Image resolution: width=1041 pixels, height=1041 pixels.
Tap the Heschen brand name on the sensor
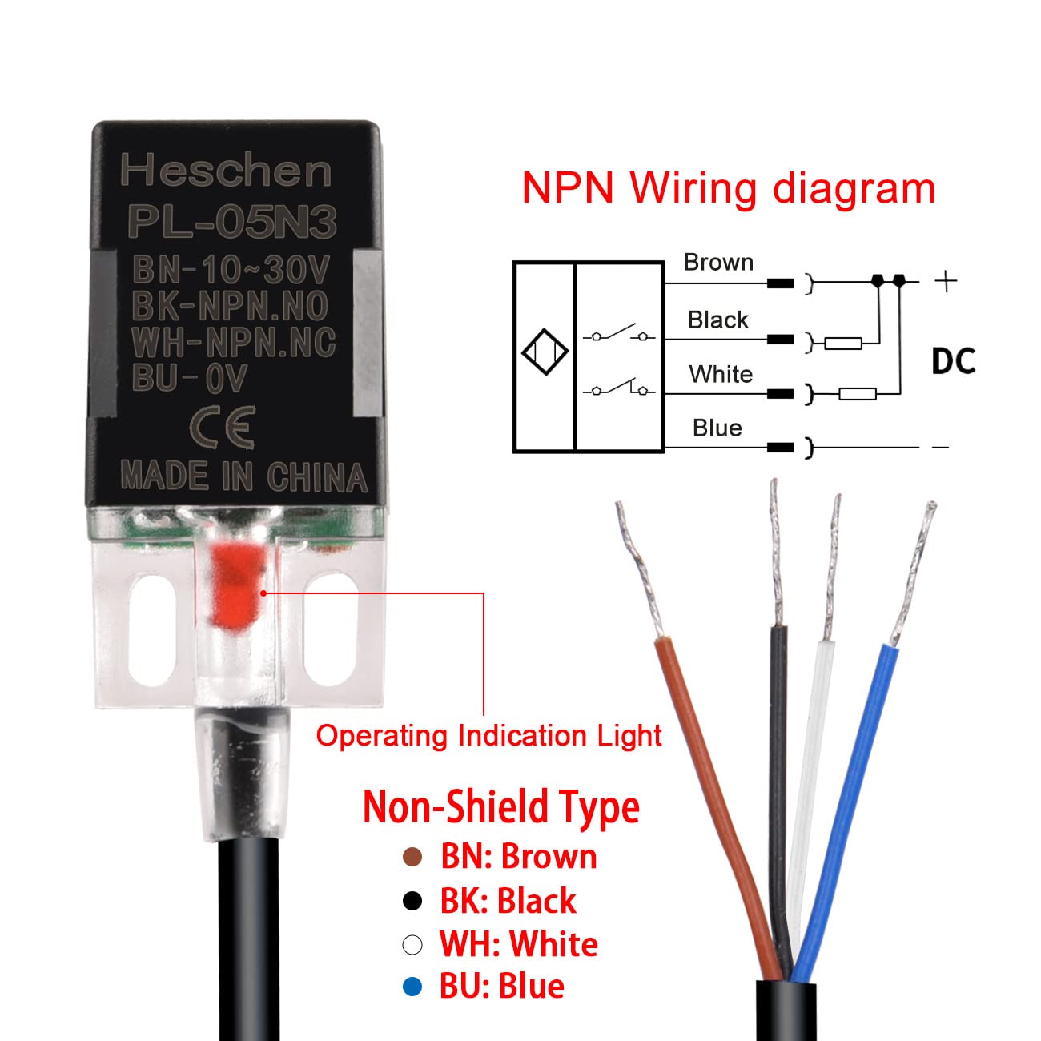(226, 171)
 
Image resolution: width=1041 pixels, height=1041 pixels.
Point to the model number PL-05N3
(232, 222)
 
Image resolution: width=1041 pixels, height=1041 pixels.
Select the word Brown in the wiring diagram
(718, 263)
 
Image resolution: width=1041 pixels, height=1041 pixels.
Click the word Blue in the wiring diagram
(717, 428)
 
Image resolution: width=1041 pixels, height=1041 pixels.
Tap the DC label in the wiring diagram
(953, 362)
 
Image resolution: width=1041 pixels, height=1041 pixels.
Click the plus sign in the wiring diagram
(946, 281)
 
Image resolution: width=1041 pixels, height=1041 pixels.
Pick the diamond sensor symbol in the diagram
(545, 352)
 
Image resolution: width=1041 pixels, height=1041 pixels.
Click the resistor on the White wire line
(858, 393)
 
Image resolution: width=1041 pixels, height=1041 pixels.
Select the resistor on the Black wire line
(843, 344)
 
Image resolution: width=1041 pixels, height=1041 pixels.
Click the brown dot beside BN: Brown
(412, 858)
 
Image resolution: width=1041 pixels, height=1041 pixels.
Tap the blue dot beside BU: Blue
(412, 987)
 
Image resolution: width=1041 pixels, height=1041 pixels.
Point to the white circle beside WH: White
(412, 945)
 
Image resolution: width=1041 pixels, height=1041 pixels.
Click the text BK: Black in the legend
(508, 901)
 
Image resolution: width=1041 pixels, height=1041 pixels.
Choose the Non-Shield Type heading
(501, 807)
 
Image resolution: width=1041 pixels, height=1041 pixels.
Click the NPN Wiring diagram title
(728, 189)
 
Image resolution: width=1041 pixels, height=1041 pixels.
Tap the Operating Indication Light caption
(488, 736)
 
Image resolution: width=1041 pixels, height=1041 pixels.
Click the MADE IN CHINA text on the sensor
(243, 476)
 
